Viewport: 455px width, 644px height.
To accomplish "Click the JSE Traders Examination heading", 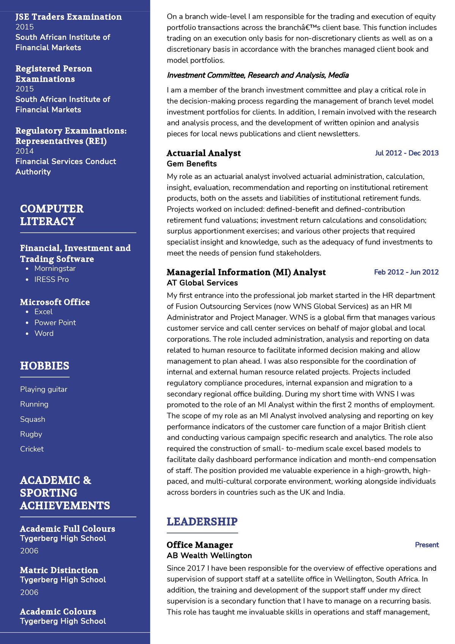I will tap(69, 17).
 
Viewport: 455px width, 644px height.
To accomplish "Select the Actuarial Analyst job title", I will tap(204, 153).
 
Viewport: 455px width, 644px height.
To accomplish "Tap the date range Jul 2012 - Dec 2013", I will tap(406, 153).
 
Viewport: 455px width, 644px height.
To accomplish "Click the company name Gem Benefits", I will tap(192, 164).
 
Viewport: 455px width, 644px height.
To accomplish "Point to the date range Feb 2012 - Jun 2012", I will tap(406, 272).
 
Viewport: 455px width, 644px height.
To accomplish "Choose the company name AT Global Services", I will tap(202, 283).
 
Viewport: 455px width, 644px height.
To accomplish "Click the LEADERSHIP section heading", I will tap(202, 521).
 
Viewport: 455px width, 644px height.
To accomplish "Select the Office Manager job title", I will tap(200, 545).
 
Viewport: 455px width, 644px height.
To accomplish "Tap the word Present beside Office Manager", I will tap(427, 545).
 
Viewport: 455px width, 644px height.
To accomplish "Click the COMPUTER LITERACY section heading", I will tap(52, 215).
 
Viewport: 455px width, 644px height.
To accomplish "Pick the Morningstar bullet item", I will tap(55, 269).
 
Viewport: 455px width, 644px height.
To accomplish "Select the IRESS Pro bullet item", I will tap(52, 280).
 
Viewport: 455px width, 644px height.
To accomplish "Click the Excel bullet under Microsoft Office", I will tap(44, 312).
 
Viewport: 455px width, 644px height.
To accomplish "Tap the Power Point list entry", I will tap(55, 323).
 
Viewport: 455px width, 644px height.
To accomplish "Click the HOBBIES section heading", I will tap(45, 366).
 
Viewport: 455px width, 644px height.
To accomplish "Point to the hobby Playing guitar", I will tap(44, 390).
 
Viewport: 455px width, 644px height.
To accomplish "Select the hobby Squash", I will tap(33, 419).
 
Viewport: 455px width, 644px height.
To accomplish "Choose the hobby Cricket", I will tap(32, 449).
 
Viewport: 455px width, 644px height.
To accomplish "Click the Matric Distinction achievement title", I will tap(59, 570).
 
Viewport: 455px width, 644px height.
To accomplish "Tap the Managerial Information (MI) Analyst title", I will tap(246, 272).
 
